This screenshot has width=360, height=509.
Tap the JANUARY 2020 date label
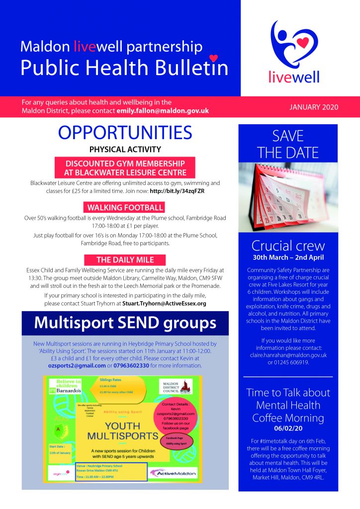click(x=313, y=107)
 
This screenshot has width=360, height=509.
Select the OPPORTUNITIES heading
click(x=125, y=133)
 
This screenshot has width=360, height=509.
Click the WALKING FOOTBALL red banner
click(x=125, y=207)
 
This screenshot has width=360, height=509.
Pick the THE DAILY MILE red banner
click(x=125, y=259)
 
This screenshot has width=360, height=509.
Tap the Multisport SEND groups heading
click(x=125, y=324)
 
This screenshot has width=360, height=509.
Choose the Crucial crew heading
click(x=288, y=246)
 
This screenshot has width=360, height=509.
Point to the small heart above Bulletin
click(x=213, y=58)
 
